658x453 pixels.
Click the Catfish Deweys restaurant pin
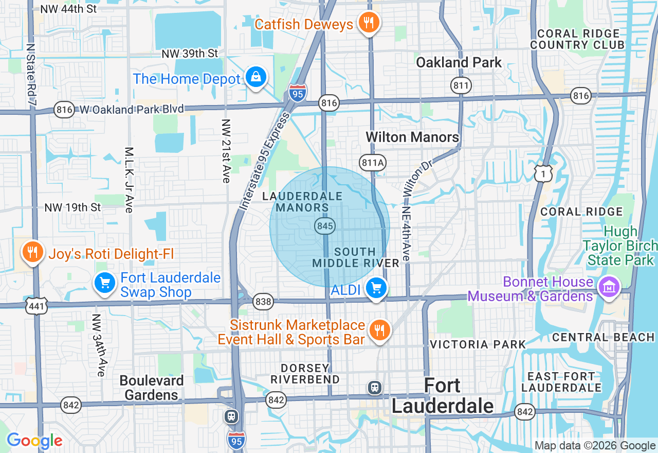coord(368,23)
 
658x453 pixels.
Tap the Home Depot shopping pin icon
coord(255,77)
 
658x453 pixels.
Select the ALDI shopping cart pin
coord(377,288)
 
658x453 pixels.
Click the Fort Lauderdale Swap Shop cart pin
coord(105,283)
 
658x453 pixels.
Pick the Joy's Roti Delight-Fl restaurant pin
coord(32,252)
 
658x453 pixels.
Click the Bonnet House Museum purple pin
coord(609,286)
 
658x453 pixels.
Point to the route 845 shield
coord(325,225)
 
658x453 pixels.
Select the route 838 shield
coord(263,302)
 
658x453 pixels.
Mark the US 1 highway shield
coord(543,173)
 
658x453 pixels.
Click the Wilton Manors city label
coord(412,137)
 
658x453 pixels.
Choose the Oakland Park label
coord(459,63)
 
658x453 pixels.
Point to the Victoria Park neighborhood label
coord(478,344)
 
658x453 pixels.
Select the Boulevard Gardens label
coord(152,388)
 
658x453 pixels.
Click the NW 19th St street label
coord(73,207)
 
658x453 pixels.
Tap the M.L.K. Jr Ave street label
coord(129,180)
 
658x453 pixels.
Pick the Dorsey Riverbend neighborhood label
coord(305,374)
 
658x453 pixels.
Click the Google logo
coord(34,441)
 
